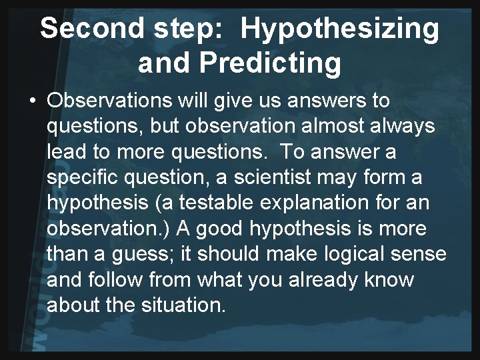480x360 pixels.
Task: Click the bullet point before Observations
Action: click(x=32, y=101)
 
